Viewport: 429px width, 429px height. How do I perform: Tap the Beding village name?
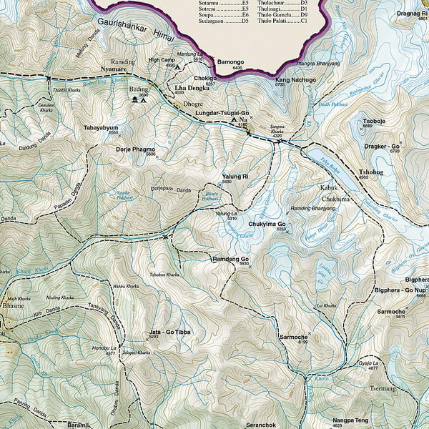138,89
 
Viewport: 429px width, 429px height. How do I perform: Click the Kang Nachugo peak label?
295,80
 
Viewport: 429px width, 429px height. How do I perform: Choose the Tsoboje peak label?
374,121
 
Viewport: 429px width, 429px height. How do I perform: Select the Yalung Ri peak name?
235,176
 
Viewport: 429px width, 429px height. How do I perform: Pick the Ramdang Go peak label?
230,258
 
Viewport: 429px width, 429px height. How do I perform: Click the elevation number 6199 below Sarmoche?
302,342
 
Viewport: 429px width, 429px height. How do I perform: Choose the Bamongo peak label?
230,62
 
